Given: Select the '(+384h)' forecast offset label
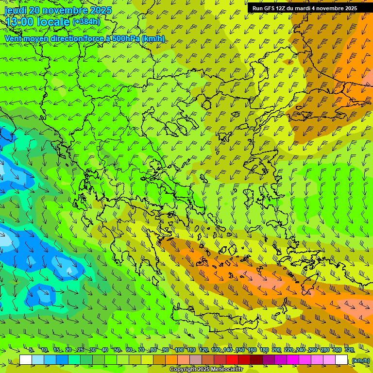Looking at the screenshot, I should [86, 22].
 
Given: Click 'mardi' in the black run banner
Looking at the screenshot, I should [304, 8].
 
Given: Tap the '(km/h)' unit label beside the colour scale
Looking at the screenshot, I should [360, 360].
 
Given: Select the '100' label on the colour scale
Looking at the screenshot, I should [179, 350].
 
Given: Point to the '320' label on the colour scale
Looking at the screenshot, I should [349, 350].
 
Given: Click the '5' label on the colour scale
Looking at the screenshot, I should [32, 350].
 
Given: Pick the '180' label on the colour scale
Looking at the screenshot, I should [264, 350].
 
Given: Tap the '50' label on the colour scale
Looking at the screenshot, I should [117, 350].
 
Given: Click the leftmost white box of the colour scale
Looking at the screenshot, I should [26, 360].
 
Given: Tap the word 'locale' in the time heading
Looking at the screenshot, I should [52, 22].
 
